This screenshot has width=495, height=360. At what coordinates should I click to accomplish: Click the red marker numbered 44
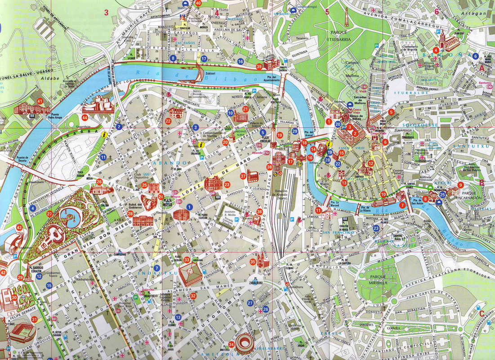85,118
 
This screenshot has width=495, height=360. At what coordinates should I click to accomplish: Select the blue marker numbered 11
103,157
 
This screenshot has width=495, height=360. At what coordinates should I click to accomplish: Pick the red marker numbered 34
232,345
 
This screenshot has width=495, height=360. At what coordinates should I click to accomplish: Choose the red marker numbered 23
227,184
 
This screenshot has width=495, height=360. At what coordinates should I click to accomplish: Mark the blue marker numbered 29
295,131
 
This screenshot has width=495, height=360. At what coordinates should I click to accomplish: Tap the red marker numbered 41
40,101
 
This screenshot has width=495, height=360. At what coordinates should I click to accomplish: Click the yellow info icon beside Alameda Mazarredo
104,134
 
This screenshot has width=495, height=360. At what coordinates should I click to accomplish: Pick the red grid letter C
481,313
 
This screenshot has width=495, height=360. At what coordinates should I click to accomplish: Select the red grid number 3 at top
107,12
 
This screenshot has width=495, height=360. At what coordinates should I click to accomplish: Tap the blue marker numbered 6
475,56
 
